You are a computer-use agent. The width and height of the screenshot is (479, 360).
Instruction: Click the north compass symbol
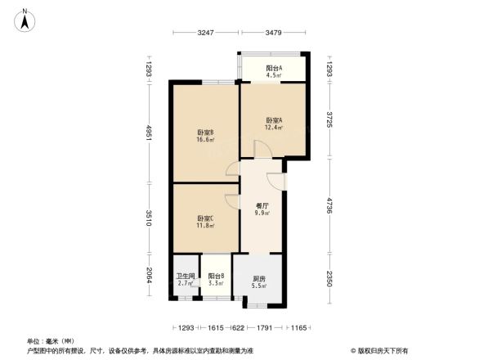point(25,18)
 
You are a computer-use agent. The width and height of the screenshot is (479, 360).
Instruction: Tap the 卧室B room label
point(205,133)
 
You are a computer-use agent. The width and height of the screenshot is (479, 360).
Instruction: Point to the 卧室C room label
point(205,218)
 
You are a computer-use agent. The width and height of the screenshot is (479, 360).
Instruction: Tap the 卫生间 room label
point(186,276)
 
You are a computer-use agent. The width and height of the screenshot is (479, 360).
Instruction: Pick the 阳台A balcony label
point(274,68)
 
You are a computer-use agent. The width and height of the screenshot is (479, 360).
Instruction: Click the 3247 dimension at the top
point(206,33)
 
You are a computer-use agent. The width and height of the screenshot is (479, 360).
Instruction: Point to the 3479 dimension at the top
point(274,33)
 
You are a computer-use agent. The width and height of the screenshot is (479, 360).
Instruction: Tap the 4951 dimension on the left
point(150,133)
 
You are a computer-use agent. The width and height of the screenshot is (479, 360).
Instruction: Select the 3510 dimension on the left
point(150,218)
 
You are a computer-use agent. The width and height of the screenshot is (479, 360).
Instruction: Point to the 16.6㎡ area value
point(205,140)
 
